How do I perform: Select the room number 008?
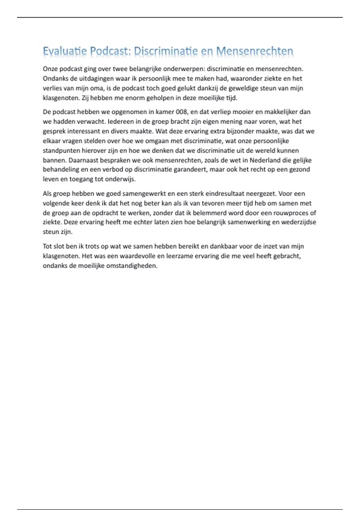click(x=181, y=112)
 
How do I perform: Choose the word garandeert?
click(x=190, y=169)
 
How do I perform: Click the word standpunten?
click(x=61, y=151)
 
